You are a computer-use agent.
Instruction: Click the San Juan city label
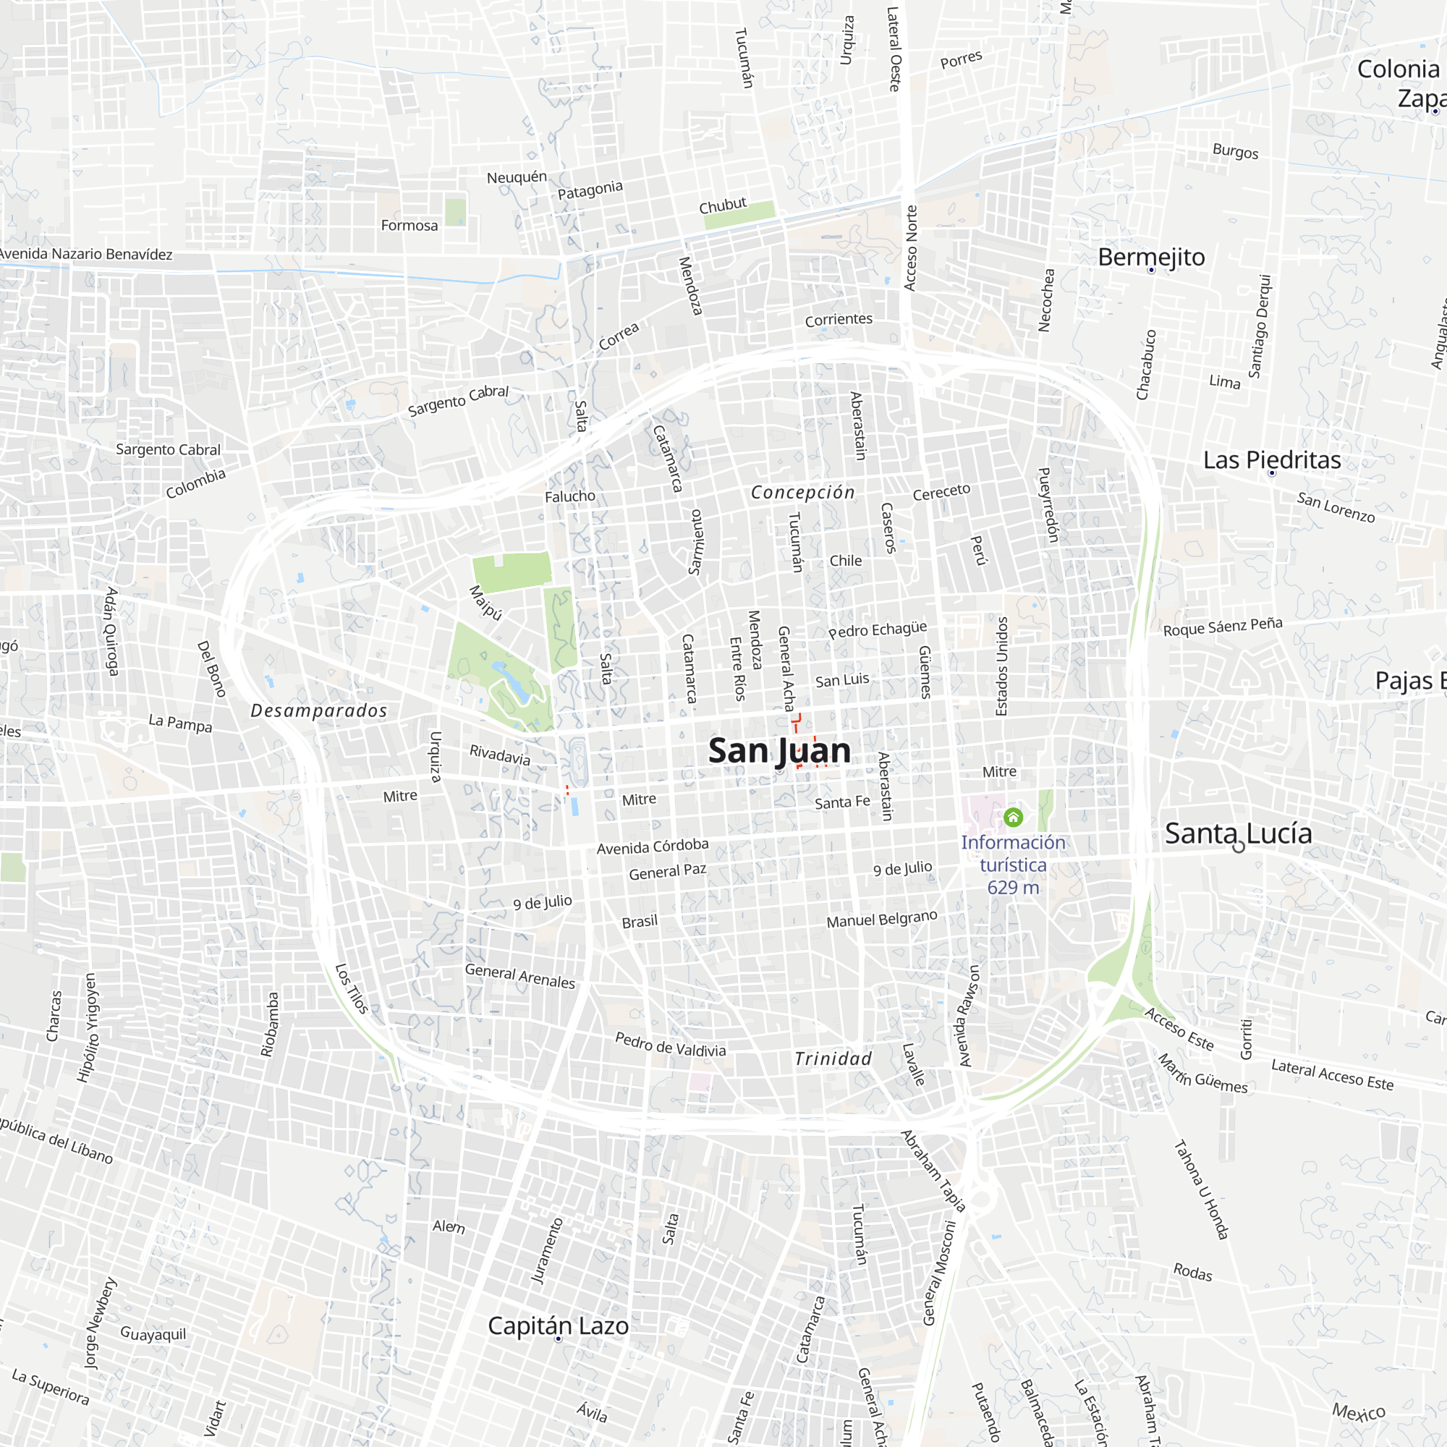pyautogui.click(x=779, y=750)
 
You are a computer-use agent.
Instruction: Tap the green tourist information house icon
pyautogui.click(x=1014, y=817)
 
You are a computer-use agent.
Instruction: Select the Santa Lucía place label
pyautogui.click(x=1238, y=833)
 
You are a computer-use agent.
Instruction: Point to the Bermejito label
pyautogui.click(x=1151, y=257)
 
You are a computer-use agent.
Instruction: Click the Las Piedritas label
pyautogui.click(x=1272, y=460)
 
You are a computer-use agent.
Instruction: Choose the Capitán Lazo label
pyautogui.click(x=558, y=1325)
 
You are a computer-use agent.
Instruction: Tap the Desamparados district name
pyautogui.click(x=319, y=710)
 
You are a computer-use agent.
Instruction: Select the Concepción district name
pyautogui.click(x=803, y=492)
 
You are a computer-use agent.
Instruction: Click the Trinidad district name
pyautogui.click(x=833, y=1058)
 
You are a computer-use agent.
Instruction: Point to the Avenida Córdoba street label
pyautogui.click(x=653, y=846)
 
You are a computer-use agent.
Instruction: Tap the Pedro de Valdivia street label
pyautogui.click(x=671, y=1044)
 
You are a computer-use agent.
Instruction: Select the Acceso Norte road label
pyautogui.click(x=911, y=248)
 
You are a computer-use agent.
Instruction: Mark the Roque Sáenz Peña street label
pyautogui.click(x=1222, y=626)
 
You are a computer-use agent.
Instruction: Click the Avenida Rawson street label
pyautogui.click(x=969, y=1016)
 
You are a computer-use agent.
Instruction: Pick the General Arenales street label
pyautogui.click(x=519, y=976)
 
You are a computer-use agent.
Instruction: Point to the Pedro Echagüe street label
pyautogui.click(x=877, y=629)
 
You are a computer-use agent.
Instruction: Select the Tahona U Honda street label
pyautogui.click(x=1200, y=1189)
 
